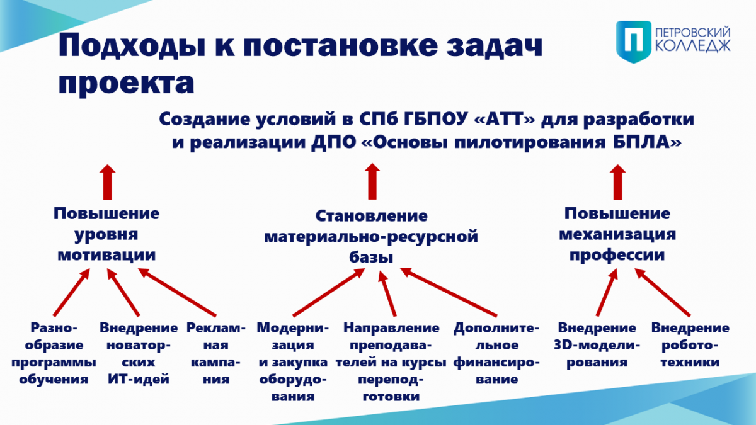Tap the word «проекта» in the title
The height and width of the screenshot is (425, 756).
tap(126, 83)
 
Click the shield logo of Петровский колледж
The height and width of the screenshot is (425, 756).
tap(634, 42)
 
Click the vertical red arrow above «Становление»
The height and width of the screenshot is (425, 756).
tap(372, 181)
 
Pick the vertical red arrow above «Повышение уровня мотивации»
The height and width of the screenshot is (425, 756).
tap(107, 182)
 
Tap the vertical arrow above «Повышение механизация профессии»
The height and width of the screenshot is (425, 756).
tap(617, 182)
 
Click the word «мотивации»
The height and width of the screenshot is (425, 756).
tap(106, 254)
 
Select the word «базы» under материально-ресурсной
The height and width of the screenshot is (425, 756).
tap(371, 257)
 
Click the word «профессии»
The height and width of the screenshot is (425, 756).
tap(617, 255)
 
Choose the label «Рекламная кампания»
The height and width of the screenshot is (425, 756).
tap(216, 353)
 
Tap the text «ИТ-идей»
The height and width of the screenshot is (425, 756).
tap(139, 379)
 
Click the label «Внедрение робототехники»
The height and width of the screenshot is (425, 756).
tap(690, 345)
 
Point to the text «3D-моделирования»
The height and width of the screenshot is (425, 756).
tap(597, 353)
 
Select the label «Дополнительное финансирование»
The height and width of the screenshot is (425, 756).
tap(496, 353)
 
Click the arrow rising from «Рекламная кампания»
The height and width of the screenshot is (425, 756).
tap(177, 292)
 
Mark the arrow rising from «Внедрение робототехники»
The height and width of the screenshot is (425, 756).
tap(662, 292)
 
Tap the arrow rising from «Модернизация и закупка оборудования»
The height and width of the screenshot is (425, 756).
tap(329, 292)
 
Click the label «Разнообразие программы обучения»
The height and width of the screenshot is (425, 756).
tap(54, 353)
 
